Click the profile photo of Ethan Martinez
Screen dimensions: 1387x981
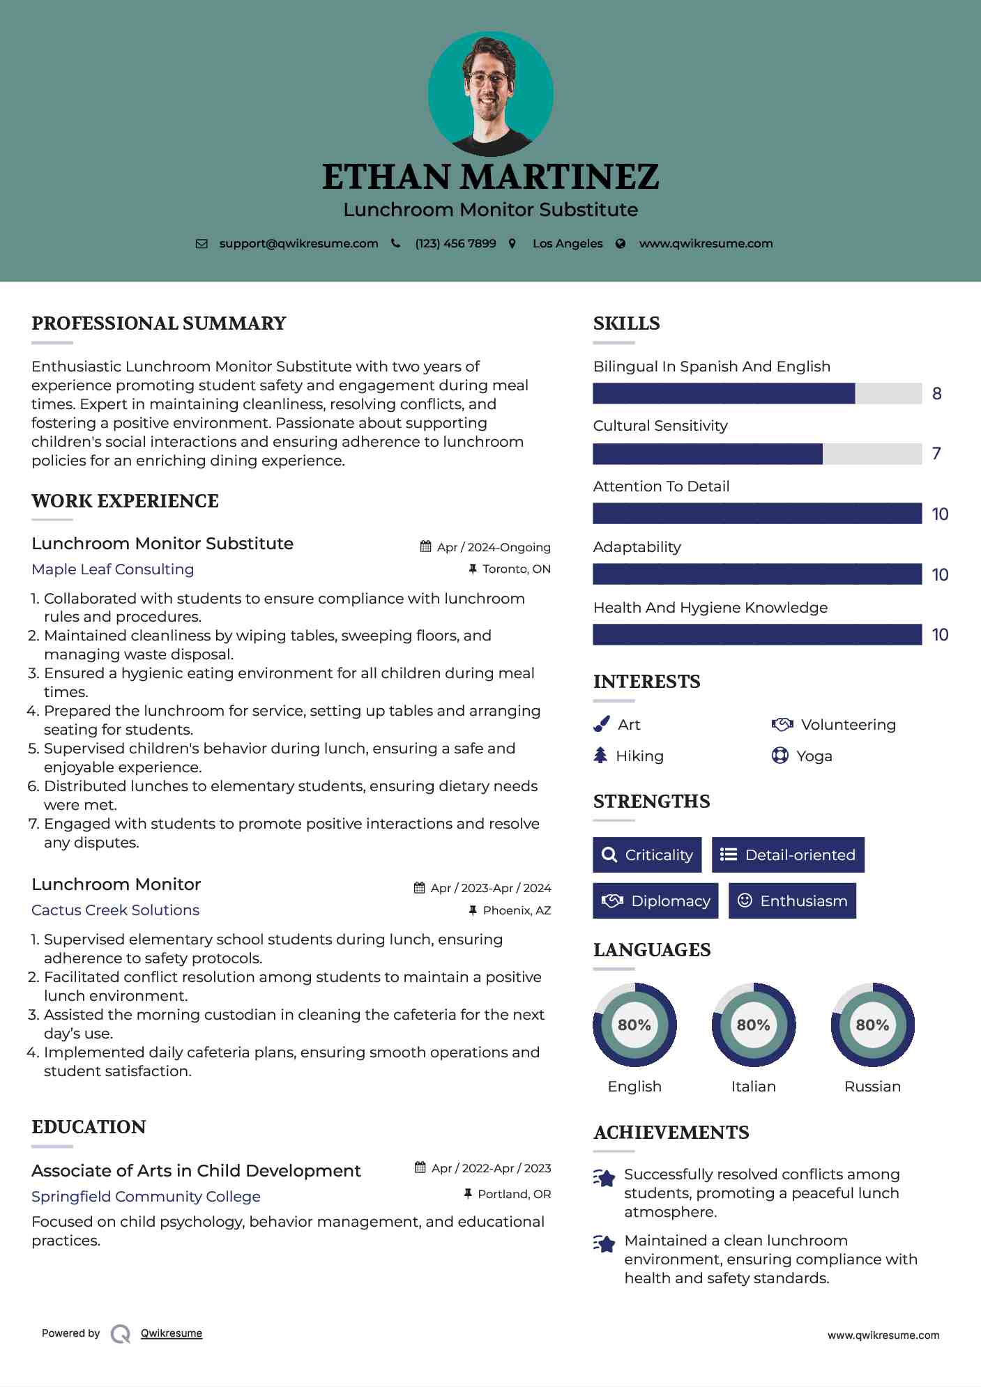point(490,93)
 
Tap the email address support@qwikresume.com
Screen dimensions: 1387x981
point(298,243)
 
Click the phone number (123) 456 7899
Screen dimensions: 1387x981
point(455,243)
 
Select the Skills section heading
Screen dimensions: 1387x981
point(626,323)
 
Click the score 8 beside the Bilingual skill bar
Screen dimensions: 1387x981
point(936,394)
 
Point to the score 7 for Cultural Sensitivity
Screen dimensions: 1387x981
point(936,454)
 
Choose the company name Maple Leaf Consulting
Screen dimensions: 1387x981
point(113,569)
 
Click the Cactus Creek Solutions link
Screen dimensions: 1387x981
point(115,910)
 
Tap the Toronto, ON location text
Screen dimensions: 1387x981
point(516,569)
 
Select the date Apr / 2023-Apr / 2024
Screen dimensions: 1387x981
point(490,888)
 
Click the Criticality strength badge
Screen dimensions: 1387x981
point(647,855)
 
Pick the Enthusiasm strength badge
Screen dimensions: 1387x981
point(792,901)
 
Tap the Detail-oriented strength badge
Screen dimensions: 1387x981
point(788,855)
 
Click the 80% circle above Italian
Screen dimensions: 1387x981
point(753,1025)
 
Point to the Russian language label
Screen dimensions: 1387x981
point(872,1087)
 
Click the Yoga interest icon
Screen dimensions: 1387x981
point(780,756)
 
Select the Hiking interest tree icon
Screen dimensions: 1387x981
point(600,756)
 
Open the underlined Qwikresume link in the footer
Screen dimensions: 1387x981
point(172,1333)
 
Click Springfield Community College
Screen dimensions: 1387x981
point(146,1197)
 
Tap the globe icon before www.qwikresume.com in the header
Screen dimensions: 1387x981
point(621,243)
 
